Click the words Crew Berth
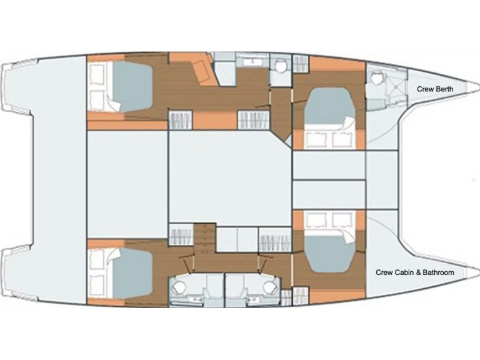[x=435, y=89]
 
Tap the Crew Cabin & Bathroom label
[x=415, y=272]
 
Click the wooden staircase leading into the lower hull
[x=204, y=239]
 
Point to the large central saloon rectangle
[x=230, y=178]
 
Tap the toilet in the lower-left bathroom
[x=178, y=287]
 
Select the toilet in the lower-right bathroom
[x=269, y=287]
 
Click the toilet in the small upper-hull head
[x=281, y=66]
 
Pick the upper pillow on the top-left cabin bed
[x=96, y=74]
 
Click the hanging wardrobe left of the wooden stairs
[x=181, y=236]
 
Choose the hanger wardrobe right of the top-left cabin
[x=181, y=120]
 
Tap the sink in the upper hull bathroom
[x=252, y=62]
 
